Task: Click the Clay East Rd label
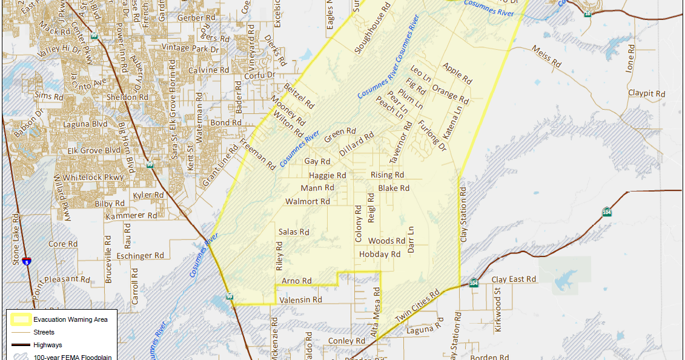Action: (514, 279)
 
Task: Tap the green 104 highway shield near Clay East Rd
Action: (474, 282)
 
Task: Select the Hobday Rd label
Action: (380, 255)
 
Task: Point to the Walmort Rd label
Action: (308, 201)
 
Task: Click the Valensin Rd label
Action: (300, 299)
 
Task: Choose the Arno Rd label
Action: (297, 281)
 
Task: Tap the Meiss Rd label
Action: (546, 56)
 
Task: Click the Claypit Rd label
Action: (646, 94)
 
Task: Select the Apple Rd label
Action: (457, 73)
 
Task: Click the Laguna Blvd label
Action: (85, 124)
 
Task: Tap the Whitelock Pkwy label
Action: (93, 177)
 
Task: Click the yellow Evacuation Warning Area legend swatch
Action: (19, 319)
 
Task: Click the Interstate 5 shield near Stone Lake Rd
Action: (27, 261)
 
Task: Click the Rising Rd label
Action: (387, 175)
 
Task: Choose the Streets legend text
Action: (44, 332)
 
